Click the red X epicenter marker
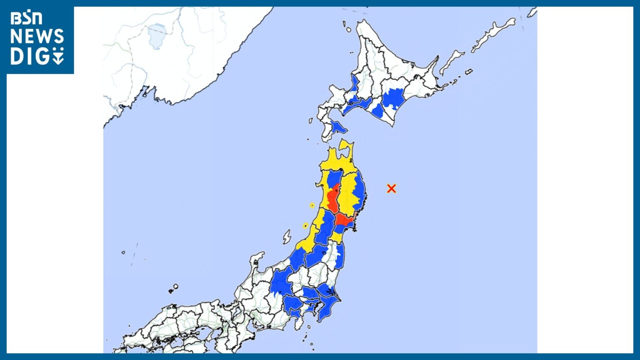391,188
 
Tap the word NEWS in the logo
37,37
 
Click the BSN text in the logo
26,18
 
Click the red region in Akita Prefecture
333,200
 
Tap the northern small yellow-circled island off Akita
312,205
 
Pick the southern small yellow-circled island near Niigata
305,226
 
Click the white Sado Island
287,237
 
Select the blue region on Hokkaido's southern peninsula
337,127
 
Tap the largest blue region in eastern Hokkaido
393,99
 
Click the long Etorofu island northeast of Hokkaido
494,33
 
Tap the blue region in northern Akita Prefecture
334,178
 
